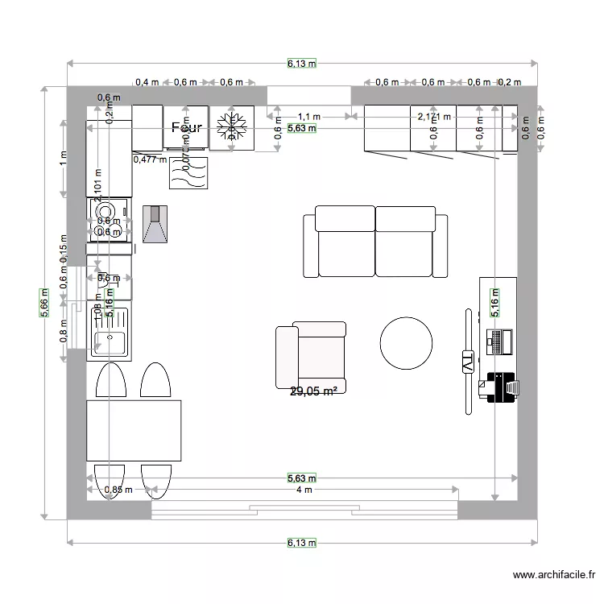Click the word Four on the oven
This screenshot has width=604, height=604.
(x=186, y=127)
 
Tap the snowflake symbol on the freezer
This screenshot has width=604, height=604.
(x=232, y=127)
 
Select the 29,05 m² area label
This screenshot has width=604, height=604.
(x=313, y=391)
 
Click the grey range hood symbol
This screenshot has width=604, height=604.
(x=155, y=224)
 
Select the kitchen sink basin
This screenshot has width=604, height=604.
(x=108, y=344)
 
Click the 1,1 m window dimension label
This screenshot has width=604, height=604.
(x=309, y=117)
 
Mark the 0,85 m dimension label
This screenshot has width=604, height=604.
(x=118, y=489)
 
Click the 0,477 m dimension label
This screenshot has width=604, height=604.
(x=150, y=159)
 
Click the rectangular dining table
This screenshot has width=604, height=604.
(x=134, y=431)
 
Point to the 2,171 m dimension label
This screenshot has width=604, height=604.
(x=435, y=117)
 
